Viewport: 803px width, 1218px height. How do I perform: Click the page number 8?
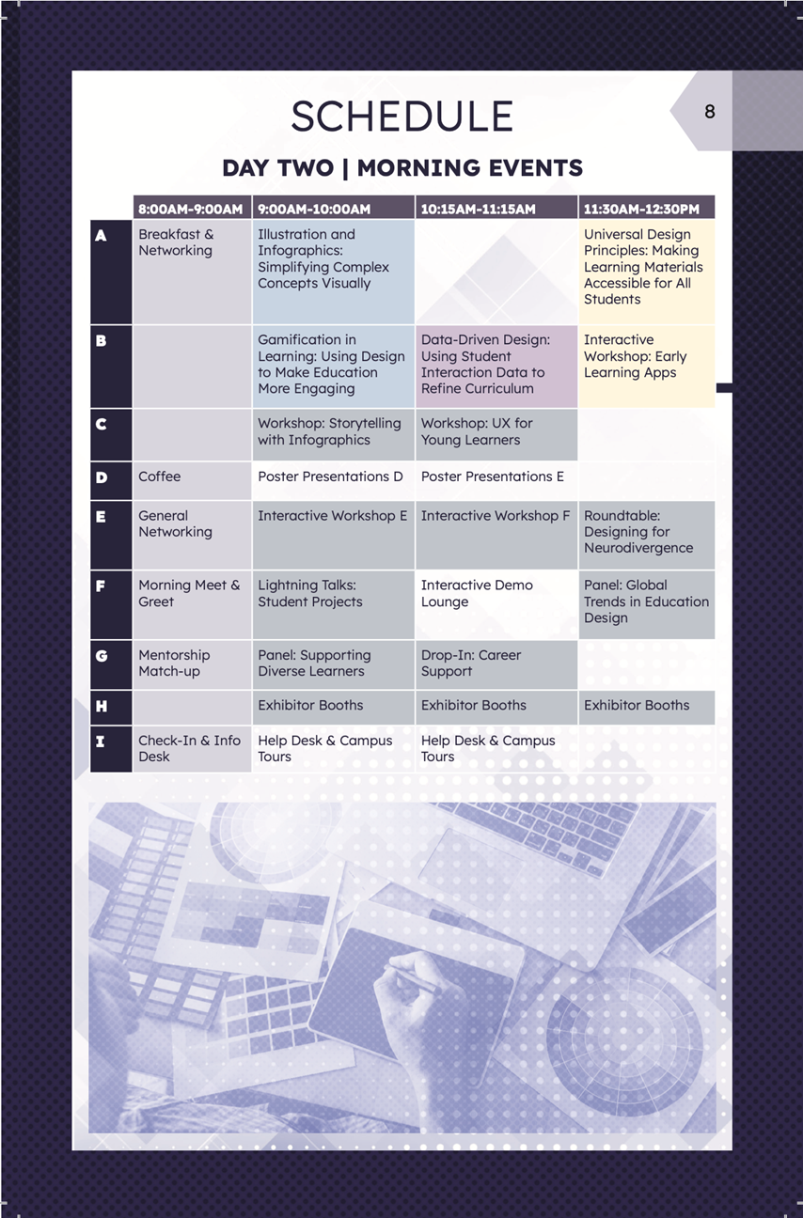coord(709,112)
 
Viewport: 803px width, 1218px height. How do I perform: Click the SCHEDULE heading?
coord(401,117)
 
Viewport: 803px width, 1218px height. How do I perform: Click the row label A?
coord(102,236)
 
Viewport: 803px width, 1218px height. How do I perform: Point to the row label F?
coord(102,586)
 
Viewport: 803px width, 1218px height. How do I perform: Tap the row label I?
coord(102,742)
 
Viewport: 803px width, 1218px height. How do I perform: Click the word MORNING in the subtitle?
coord(422,168)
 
